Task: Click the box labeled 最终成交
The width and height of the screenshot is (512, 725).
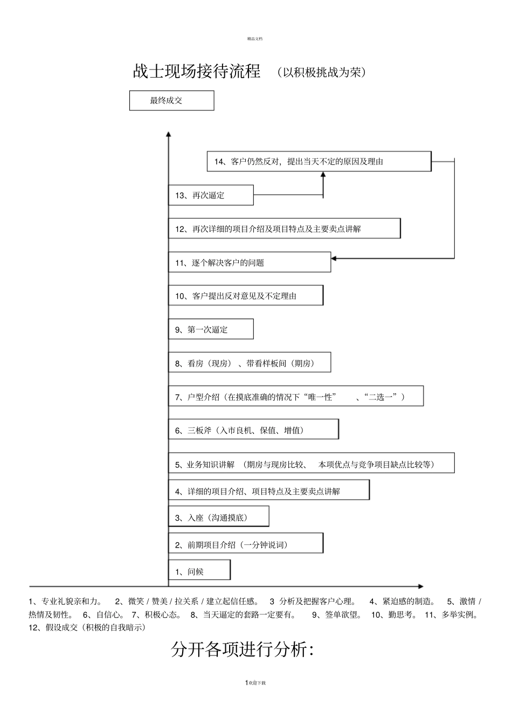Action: pyautogui.click(x=171, y=101)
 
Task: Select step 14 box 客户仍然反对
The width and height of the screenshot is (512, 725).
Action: pyautogui.click(x=319, y=162)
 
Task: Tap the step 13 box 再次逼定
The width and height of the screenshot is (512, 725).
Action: pyautogui.click(x=211, y=195)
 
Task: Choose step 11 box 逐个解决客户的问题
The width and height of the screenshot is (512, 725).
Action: pyautogui.click(x=250, y=263)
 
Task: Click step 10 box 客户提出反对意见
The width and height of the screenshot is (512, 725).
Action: pyautogui.click(x=246, y=296)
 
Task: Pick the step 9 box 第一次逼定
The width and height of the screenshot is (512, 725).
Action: pyautogui.click(x=211, y=329)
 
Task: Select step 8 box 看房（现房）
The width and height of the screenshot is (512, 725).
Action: pyautogui.click(x=250, y=363)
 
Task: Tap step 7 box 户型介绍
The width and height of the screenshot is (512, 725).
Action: pyautogui.click(x=296, y=397)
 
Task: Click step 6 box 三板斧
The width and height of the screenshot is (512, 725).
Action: pyautogui.click(x=253, y=430)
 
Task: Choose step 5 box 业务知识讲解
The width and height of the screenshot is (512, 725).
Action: pyautogui.click(x=312, y=464)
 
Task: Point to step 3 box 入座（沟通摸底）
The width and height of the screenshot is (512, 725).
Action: pyautogui.click(x=218, y=517)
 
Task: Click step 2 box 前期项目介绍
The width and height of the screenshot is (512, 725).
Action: pyautogui.click(x=246, y=544)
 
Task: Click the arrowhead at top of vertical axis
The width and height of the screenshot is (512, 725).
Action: pyautogui.click(x=169, y=134)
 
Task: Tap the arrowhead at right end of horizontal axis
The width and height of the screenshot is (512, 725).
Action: pyautogui.click(x=420, y=586)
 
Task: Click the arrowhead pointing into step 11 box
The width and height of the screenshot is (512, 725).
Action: pyautogui.click(x=334, y=258)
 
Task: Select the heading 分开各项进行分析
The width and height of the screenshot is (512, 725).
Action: pyautogui.click(x=242, y=650)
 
